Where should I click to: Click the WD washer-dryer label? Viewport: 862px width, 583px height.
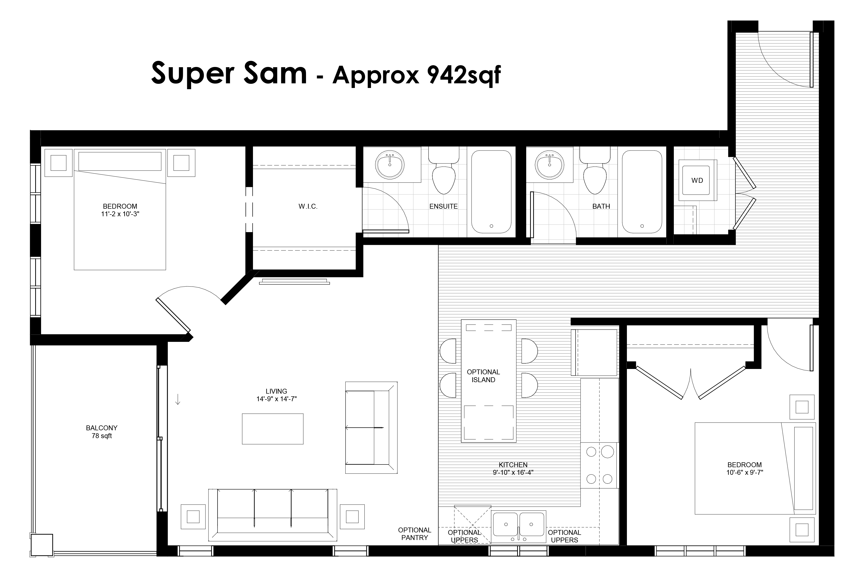pos(697,181)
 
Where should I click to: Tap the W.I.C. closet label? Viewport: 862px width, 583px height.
pos(308,206)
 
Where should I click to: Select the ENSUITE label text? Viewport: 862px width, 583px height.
pos(443,206)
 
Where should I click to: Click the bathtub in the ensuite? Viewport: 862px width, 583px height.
pos(491,192)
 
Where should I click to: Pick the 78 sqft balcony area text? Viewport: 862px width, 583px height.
pos(102,436)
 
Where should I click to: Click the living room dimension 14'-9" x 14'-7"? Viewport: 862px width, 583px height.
pos(276,399)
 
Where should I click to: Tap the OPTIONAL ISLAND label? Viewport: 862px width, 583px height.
pos(483,376)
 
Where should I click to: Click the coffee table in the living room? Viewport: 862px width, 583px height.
pos(273,429)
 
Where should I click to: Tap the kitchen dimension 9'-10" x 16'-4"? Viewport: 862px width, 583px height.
pos(513,473)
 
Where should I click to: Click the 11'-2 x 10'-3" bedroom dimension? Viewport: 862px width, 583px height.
pos(120,214)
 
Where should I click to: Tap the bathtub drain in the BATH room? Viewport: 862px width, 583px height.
pos(642,226)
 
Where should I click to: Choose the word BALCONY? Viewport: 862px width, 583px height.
pos(102,428)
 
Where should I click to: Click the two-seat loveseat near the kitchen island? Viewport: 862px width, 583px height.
pos(371,428)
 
